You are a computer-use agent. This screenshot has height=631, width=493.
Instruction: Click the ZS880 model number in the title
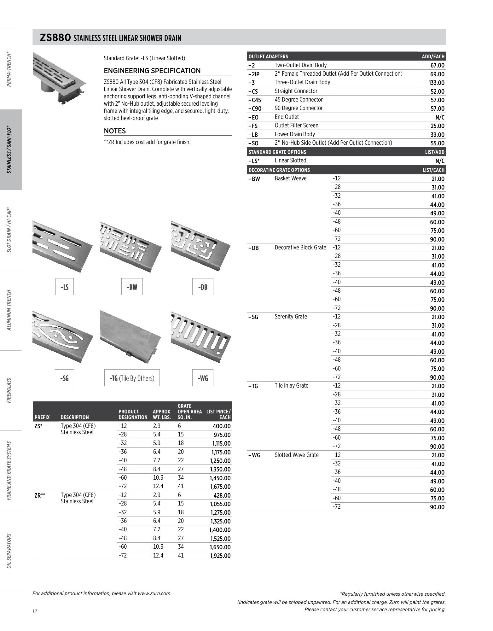pos(55,38)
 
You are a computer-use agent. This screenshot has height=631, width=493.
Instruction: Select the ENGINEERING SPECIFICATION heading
pos(152,71)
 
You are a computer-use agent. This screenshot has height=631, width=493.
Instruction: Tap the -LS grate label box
pos(64,287)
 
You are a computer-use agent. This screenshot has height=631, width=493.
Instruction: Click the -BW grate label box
pos(132,287)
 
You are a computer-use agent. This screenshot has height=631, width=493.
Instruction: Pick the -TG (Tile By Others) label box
pos(132,378)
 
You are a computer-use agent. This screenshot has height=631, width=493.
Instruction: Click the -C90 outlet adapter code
pos(255,109)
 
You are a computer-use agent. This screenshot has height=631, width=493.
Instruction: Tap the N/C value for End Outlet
pos(439,117)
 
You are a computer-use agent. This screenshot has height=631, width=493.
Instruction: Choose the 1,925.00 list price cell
pos(220,556)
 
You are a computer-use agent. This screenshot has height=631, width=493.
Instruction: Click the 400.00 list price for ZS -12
pos(221,426)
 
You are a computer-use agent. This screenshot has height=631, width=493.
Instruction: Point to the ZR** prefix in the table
pos(40,495)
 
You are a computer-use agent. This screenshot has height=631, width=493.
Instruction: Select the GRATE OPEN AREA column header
pos(189,412)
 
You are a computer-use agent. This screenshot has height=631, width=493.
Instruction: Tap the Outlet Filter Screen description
pos(296,126)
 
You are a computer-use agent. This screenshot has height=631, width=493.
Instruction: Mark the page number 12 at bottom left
pos(35,611)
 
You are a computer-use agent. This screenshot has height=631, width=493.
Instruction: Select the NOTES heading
pos(115,131)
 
